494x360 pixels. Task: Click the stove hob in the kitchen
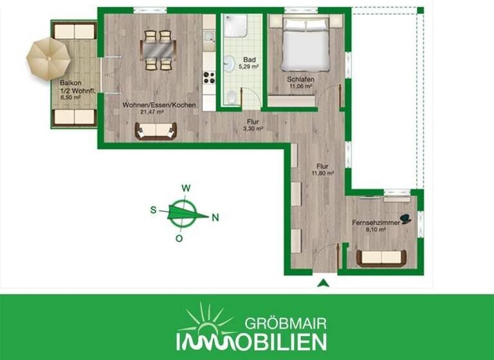[x=209, y=77]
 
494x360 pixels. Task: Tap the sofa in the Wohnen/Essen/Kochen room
[x=155, y=131]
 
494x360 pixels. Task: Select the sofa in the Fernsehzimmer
[x=381, y=258]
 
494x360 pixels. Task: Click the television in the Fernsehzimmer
[x=407, y=219]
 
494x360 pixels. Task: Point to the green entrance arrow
[x=324, y=283]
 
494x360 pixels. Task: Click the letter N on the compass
[x=215, y=217]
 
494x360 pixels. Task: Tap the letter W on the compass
[x=185, y=188]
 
